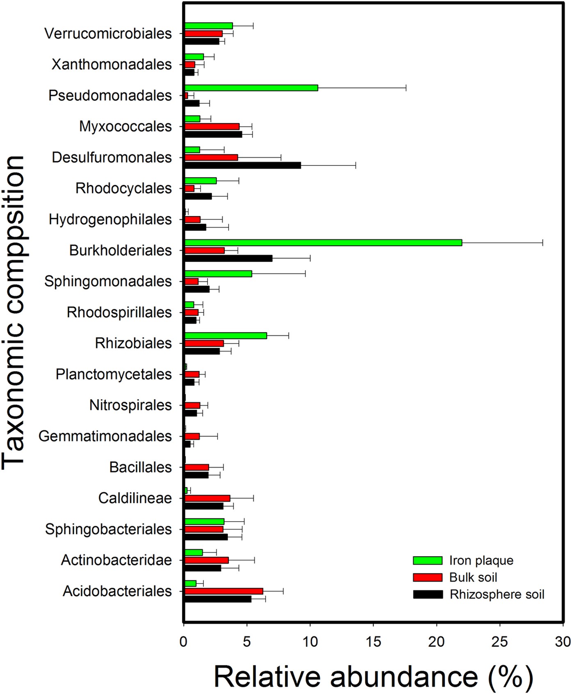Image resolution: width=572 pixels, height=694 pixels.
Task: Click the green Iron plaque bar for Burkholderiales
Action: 323,242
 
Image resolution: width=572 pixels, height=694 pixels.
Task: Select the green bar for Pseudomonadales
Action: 251,88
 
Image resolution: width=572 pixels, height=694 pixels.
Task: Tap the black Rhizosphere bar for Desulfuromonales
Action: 242,165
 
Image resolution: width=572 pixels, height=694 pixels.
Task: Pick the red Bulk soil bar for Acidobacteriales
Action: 223,591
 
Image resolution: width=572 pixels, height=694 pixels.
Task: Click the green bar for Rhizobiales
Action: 226,336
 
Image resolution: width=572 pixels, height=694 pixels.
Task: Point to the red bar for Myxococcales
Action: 212,126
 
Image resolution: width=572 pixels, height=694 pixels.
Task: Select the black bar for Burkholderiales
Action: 228,258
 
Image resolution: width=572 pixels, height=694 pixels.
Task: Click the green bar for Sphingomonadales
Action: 218,274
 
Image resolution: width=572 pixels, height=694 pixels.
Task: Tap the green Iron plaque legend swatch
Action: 427,561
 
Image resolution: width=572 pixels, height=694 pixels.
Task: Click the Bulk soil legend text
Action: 473,578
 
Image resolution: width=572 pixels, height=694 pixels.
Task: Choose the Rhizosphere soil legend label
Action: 497,594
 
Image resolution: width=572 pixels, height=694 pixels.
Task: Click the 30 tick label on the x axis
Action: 563,641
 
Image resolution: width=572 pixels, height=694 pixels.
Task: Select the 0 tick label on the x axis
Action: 183,641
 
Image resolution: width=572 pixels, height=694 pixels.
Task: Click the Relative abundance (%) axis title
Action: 373,677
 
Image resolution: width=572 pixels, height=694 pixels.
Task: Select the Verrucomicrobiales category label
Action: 108,34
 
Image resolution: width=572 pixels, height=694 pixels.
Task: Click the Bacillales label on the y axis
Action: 140,467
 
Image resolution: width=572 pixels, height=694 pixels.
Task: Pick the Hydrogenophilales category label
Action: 110,219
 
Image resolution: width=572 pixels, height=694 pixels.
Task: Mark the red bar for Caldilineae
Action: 207,498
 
